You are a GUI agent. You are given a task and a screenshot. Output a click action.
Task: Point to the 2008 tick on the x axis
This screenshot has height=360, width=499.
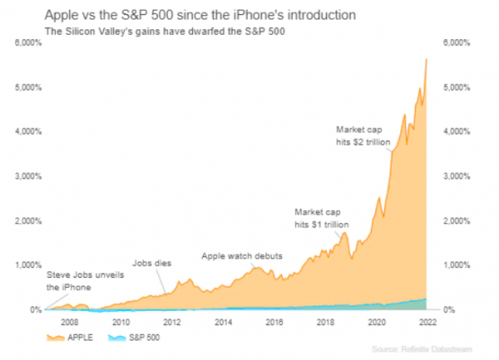click(69, 321)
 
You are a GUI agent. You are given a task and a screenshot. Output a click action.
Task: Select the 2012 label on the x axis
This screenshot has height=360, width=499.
click(172, 321)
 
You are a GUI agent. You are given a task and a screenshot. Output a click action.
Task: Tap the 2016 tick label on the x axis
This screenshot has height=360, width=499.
click(275, 321)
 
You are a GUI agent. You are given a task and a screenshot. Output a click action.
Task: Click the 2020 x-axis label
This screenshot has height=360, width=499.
click(378, 321)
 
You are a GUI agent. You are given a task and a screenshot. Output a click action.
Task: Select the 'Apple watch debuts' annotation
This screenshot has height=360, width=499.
click(242, 256)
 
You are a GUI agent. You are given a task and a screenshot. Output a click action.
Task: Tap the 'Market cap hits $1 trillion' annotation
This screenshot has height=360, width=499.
click(320, 218)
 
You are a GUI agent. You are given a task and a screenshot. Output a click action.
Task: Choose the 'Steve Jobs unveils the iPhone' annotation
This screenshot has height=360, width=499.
click(78, 281)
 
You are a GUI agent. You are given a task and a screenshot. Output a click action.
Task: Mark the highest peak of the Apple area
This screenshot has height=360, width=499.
click(427, 59)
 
